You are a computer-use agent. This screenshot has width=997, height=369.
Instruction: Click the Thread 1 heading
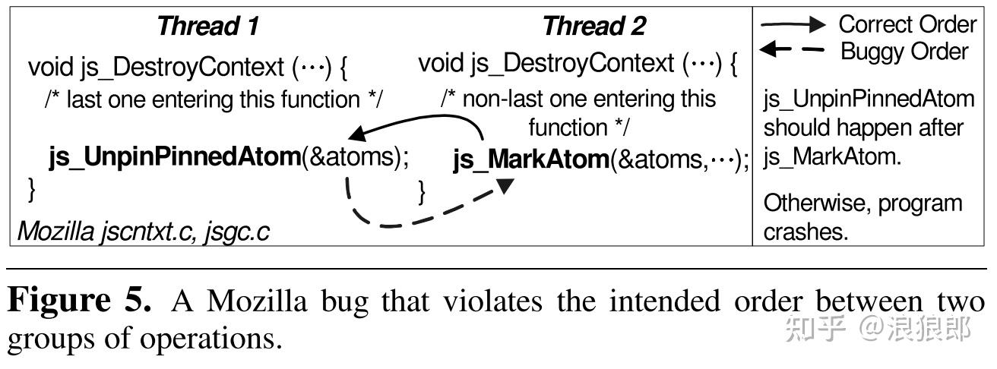[207, 27]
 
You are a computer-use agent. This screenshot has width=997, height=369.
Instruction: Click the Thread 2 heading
[593, 27]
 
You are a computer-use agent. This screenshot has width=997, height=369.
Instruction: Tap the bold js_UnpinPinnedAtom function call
[175, 158]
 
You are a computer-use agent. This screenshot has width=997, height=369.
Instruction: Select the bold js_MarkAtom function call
[531, 160]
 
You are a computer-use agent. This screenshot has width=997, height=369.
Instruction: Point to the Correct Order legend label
[907, 24]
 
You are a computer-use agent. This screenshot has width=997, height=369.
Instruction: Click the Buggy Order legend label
[904, 52]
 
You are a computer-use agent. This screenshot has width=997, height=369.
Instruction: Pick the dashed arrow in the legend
[793, 51]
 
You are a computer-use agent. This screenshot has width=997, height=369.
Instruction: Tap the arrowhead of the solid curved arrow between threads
[353, 135]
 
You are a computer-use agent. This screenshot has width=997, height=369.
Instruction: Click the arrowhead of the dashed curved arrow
[505, 184]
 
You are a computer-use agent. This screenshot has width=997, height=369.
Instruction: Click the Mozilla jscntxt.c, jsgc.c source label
[143, 232]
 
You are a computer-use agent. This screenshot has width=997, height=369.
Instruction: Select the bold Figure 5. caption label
[79, 301]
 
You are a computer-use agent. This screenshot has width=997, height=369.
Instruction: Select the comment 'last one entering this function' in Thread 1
[214, 99]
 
